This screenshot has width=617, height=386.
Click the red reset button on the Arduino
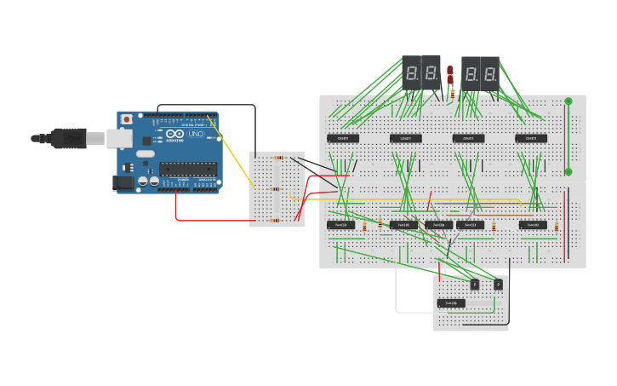point(127,119)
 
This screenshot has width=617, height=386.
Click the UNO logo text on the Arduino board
point(195,134)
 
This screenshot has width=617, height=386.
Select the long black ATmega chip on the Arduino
point(187,169)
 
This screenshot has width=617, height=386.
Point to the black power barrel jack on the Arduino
point(124,182)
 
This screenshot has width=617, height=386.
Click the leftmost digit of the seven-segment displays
point(411,73)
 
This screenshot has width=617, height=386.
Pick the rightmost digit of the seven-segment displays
point(491,75)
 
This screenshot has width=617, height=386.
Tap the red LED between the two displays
point(450,73)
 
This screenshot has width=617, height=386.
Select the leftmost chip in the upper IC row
point(343,138)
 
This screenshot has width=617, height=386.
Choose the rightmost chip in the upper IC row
point(530,138)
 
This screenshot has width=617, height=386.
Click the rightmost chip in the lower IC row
point(533,225)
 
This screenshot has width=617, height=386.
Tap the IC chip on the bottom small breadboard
point(451,302)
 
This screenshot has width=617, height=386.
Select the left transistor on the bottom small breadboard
point(474,284)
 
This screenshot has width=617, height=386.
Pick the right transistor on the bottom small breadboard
point(498,284)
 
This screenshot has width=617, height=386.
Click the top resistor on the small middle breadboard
point(277,158)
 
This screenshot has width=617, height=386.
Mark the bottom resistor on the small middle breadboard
point(275,221)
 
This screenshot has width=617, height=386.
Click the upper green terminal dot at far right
point(568,101)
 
